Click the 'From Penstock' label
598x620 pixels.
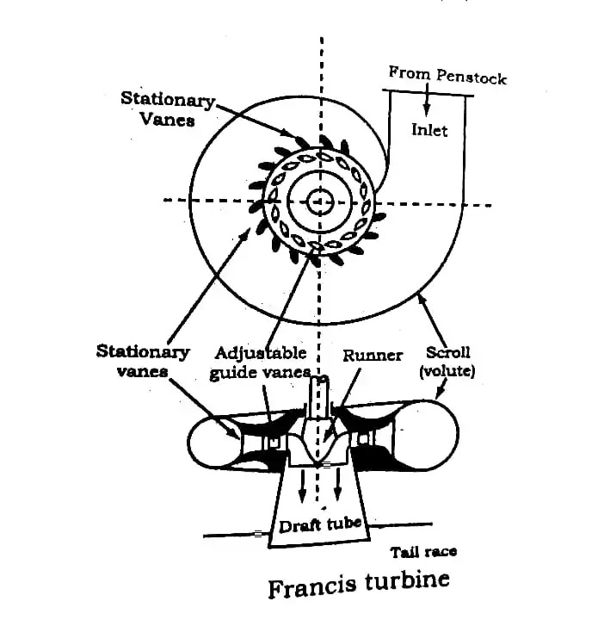[x=447, y=75]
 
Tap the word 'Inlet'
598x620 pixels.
[x=429, y=130]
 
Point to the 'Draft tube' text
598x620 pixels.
[x=320, y=524]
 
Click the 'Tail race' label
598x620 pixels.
[x=423, y=552]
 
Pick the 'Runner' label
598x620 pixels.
[x=373, y=355]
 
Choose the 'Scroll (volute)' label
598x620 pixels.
[x=447, y=362]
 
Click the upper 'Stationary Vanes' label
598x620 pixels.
[x=168, y=108]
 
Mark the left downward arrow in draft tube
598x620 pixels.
[x=302, y=486]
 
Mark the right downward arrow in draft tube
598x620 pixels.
[x=337, y=485]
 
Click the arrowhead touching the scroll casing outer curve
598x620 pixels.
[x=421, y=297]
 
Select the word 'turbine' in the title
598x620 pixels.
[x=407, y=580]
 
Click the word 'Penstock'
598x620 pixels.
[x=472, y=77]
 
